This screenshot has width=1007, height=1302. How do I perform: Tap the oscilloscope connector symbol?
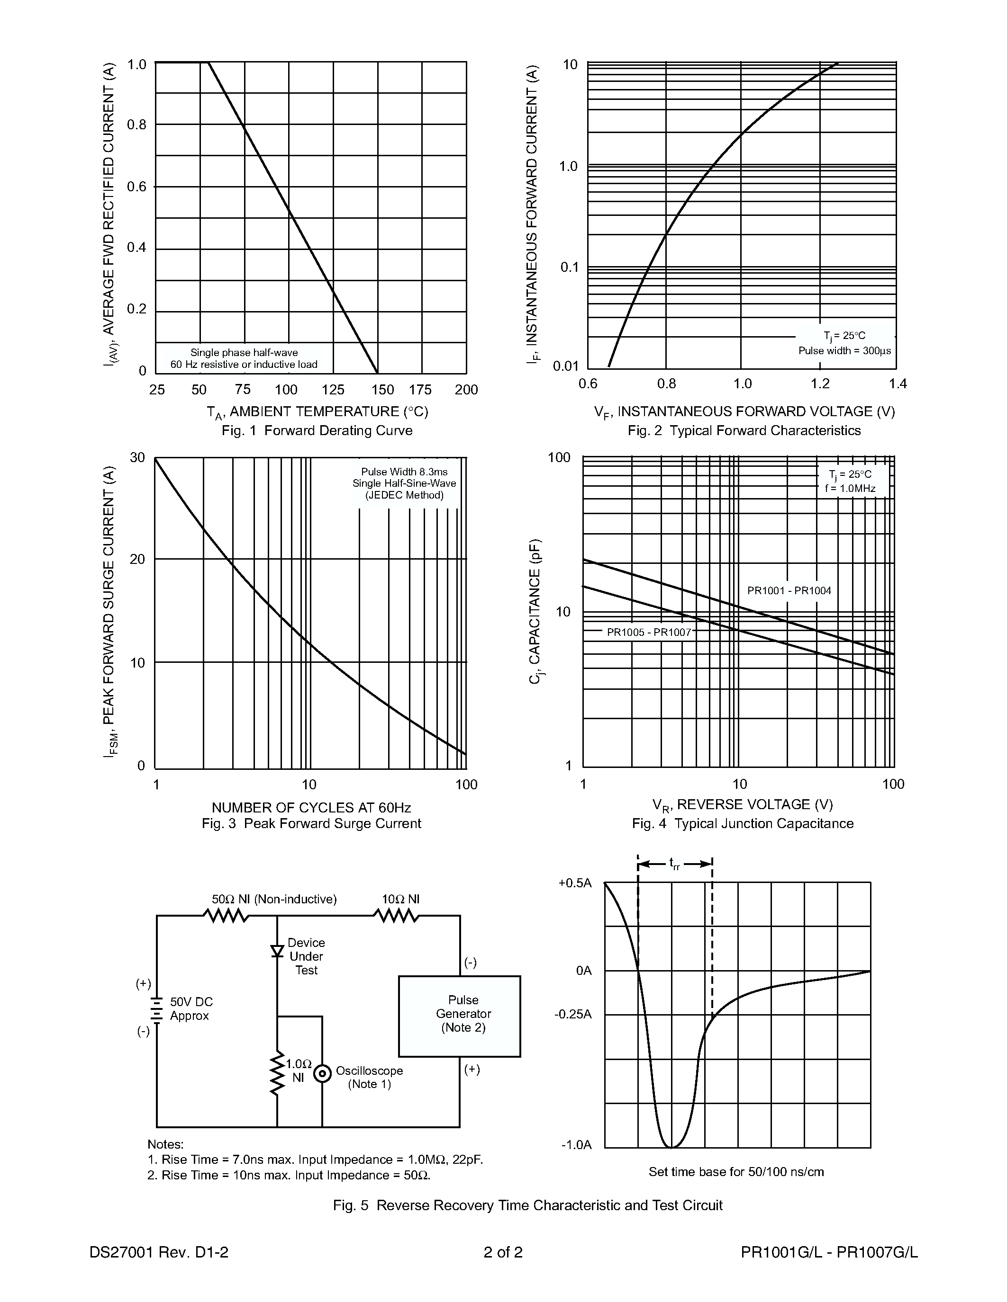[x=322, y=1074]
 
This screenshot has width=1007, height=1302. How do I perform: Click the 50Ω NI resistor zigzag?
[x=226, y=916]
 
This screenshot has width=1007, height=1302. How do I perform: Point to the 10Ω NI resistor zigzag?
[x=396, y=916]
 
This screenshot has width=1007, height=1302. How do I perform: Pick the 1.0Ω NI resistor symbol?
[x=277, y=1073]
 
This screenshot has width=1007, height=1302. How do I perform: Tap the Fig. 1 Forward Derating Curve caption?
[x=317, y=430]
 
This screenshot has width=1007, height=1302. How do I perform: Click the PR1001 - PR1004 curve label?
[x=789, y=591]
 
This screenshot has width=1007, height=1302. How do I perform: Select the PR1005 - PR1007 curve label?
[x=648, y=632]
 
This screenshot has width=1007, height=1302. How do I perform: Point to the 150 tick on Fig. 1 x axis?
[x=382, y=390]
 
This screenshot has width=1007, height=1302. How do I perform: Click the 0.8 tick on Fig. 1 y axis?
[x=136, y=125]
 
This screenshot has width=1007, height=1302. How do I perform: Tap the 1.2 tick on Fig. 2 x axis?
[x=820, y=384]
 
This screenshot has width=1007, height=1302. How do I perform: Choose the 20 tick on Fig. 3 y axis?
[x=137, y=559]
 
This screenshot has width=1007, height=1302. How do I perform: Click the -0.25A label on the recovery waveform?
[x=573, y=1014]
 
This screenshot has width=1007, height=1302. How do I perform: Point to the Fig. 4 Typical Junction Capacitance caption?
[x=742, y=823]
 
